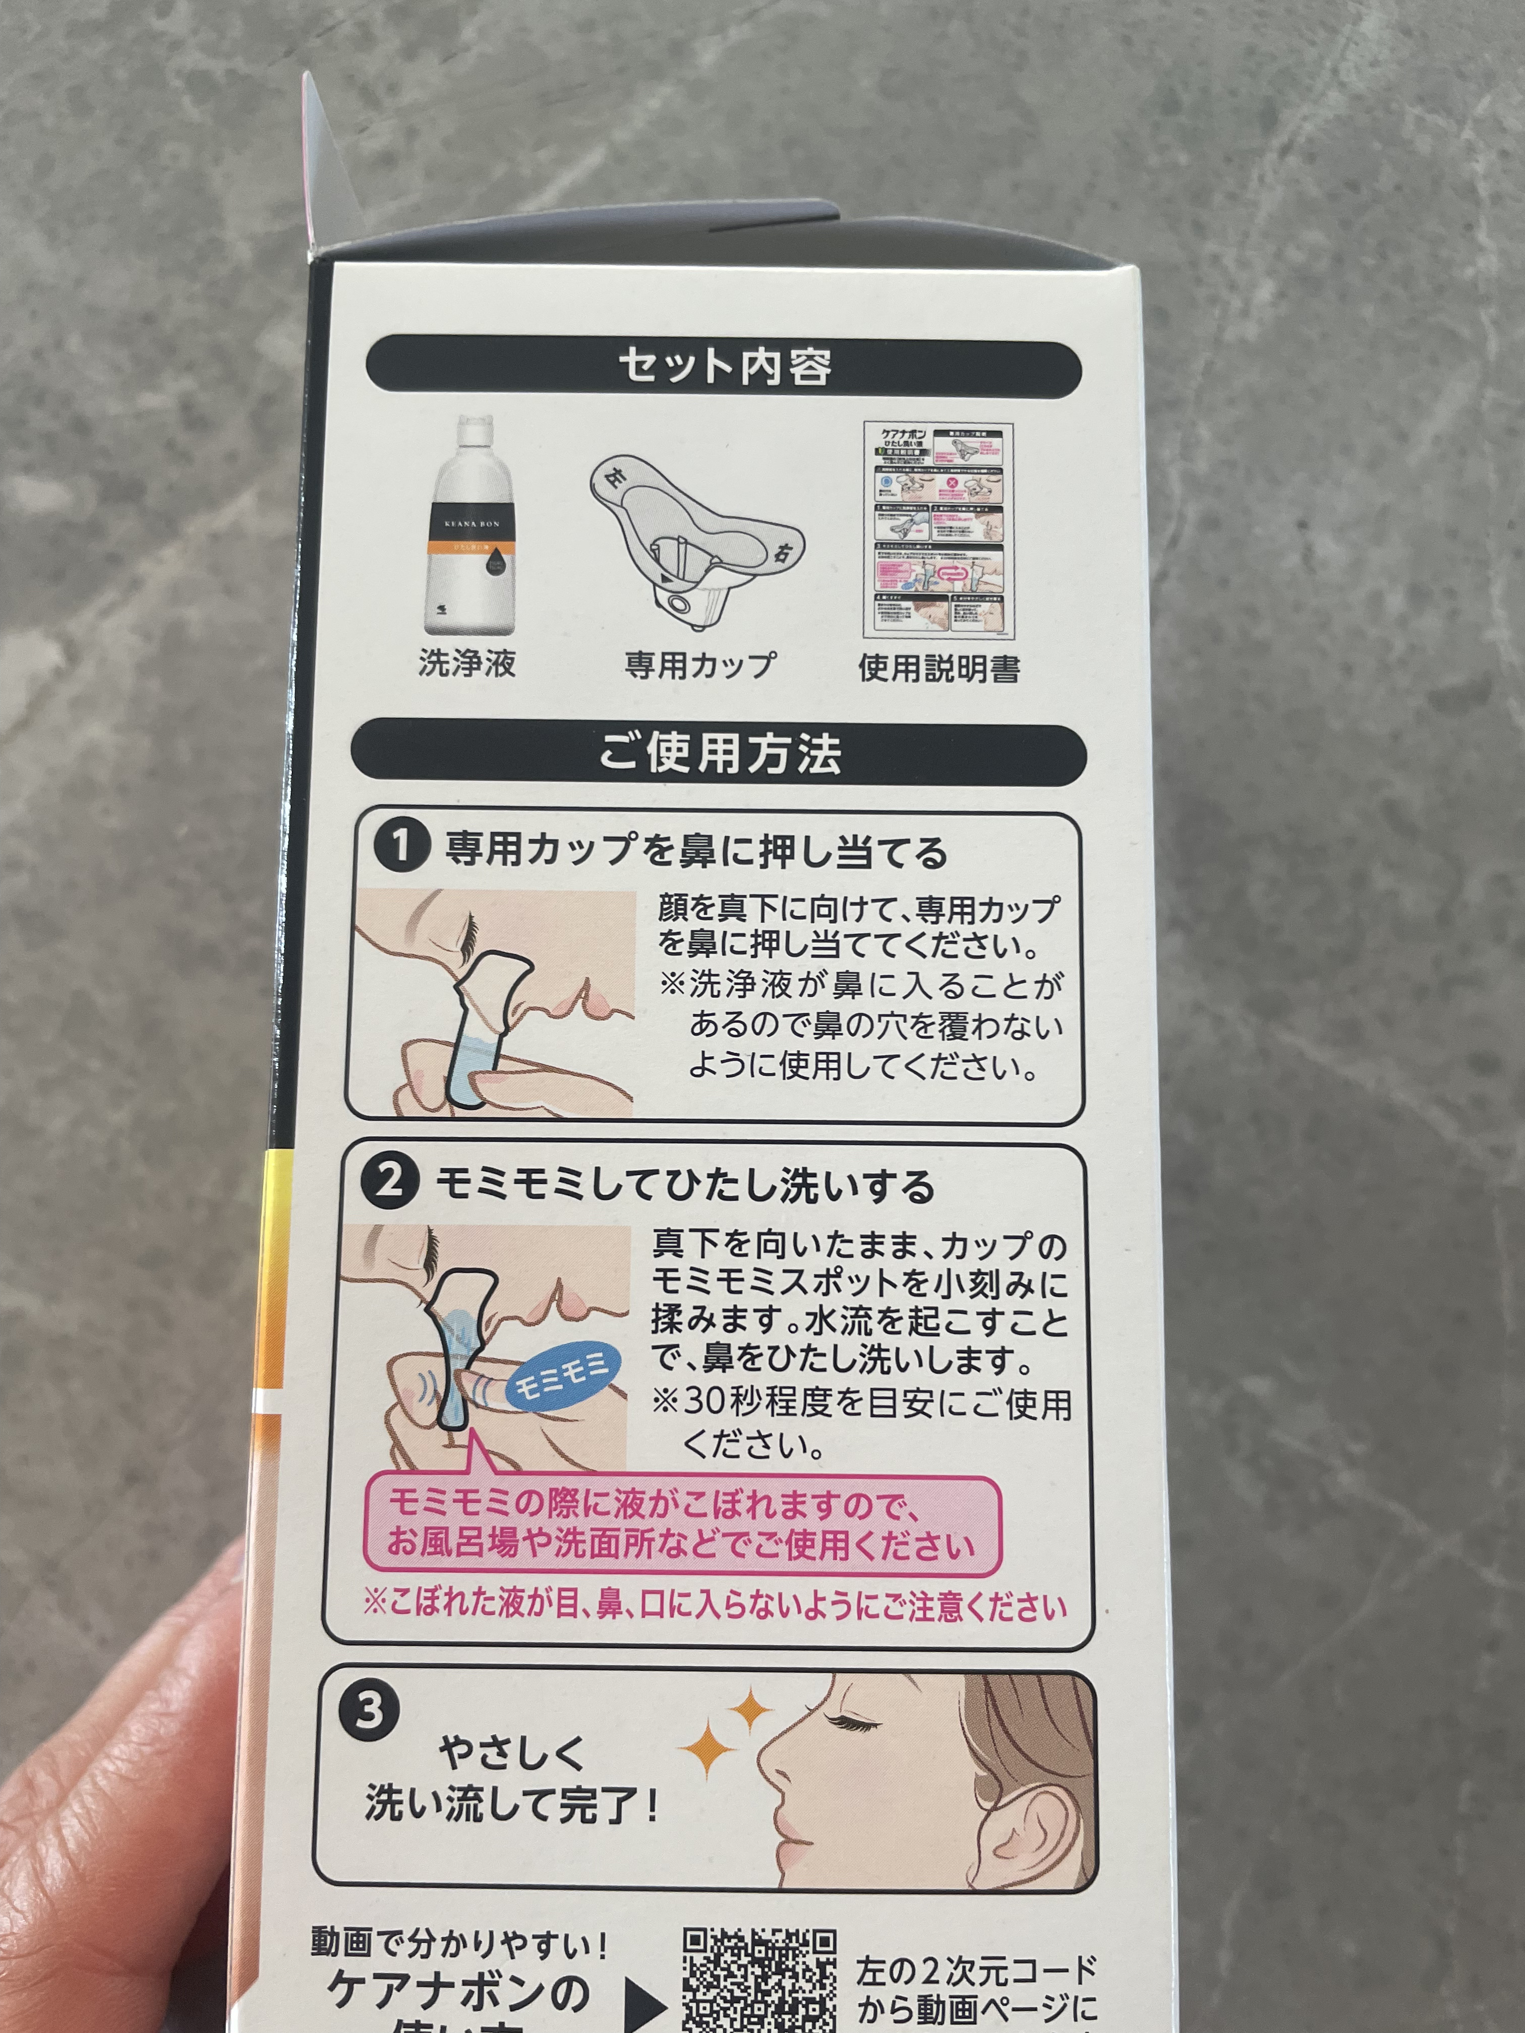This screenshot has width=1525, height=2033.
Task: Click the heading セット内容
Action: tap(724, 368)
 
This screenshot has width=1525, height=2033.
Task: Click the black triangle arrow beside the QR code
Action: tap(643, 2004)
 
